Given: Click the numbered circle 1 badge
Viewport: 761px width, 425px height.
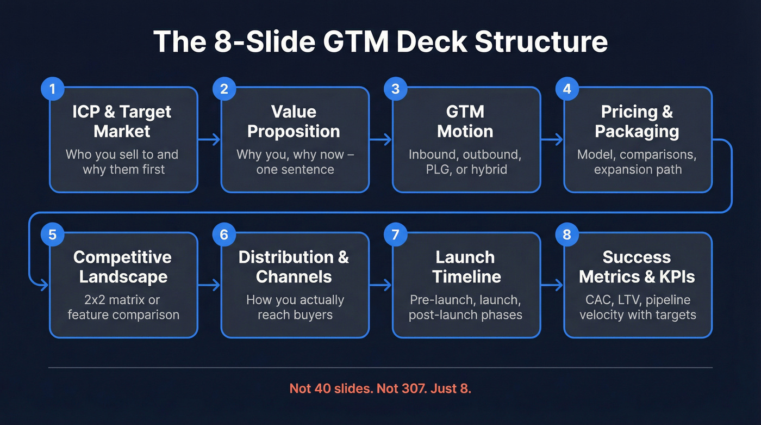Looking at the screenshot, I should [52, 89].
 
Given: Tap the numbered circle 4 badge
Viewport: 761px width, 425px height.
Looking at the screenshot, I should [567, 89].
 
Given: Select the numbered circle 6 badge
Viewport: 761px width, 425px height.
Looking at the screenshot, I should [224, 235].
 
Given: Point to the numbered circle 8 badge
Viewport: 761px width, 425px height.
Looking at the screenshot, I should [567, 235].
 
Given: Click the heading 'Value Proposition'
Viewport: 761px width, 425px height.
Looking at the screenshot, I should [294, 121].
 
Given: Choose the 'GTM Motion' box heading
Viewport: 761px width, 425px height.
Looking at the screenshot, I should [465, 121].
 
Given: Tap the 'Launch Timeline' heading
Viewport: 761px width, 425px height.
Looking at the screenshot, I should [465, 267].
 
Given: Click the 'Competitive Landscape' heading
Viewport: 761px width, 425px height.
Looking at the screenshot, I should [122, 267].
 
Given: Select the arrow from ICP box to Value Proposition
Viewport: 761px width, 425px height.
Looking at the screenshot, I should [209, 140].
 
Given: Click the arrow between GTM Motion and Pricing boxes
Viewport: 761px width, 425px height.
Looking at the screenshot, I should [552, 140].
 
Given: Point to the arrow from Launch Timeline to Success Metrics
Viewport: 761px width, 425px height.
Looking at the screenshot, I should [552, 285].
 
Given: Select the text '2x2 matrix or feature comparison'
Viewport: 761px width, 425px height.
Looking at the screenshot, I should [123, 307].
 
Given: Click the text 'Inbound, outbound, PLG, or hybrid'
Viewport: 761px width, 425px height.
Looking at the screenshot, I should [465, 162].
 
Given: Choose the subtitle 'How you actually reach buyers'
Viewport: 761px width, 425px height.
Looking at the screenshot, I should [295, 307].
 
